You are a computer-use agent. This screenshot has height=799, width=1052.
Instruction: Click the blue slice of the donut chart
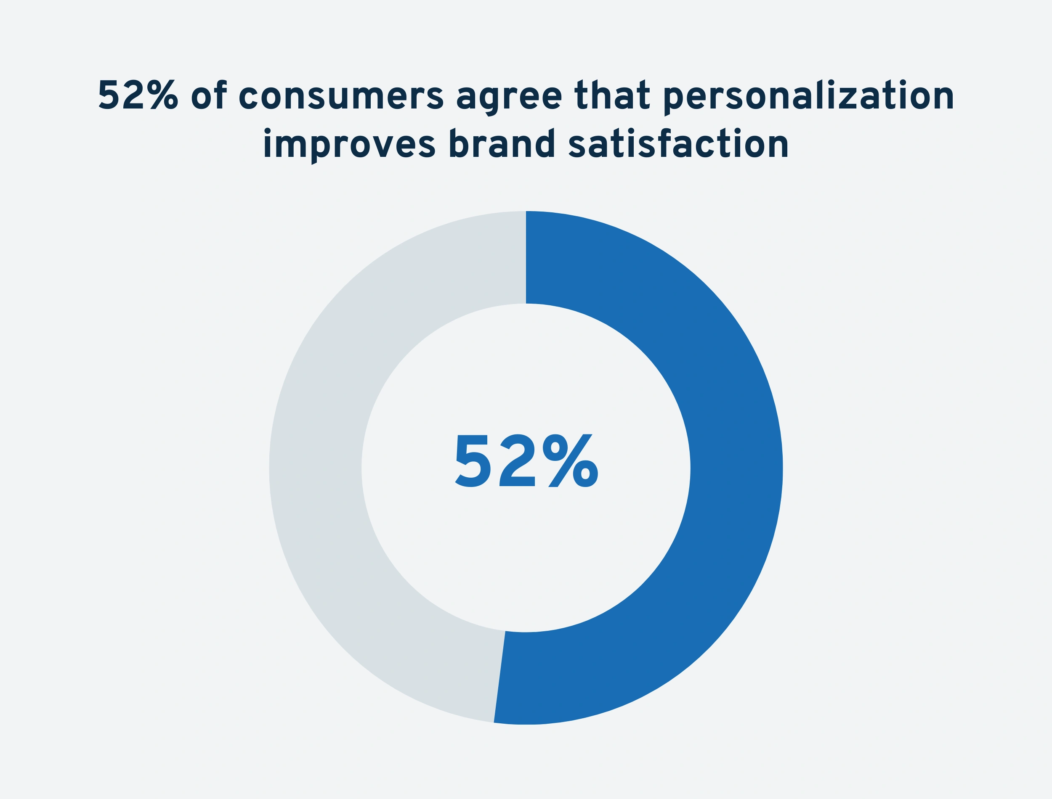[735, 468]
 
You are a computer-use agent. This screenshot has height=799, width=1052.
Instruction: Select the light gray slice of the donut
[316, 468]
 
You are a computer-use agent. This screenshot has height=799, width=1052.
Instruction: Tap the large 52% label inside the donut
[527, 461]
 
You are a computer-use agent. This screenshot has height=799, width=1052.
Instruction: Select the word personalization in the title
[808, 97]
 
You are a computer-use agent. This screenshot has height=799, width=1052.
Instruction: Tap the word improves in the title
[349, 146]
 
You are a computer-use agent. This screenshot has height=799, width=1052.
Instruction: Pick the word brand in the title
[502, 143]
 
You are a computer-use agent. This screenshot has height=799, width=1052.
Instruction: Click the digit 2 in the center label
[517, 460]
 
